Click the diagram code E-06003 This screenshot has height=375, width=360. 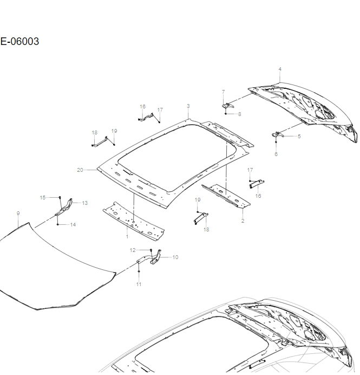(19, 42)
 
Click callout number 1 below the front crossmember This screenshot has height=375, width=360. (127, 236)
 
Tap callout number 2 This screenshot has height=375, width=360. (243, 221)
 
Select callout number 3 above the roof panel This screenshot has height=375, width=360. (188, 106)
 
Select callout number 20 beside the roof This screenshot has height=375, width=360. (80, 170)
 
